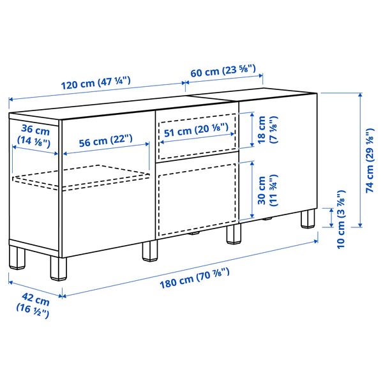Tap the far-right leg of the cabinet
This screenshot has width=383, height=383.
(309, 218)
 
